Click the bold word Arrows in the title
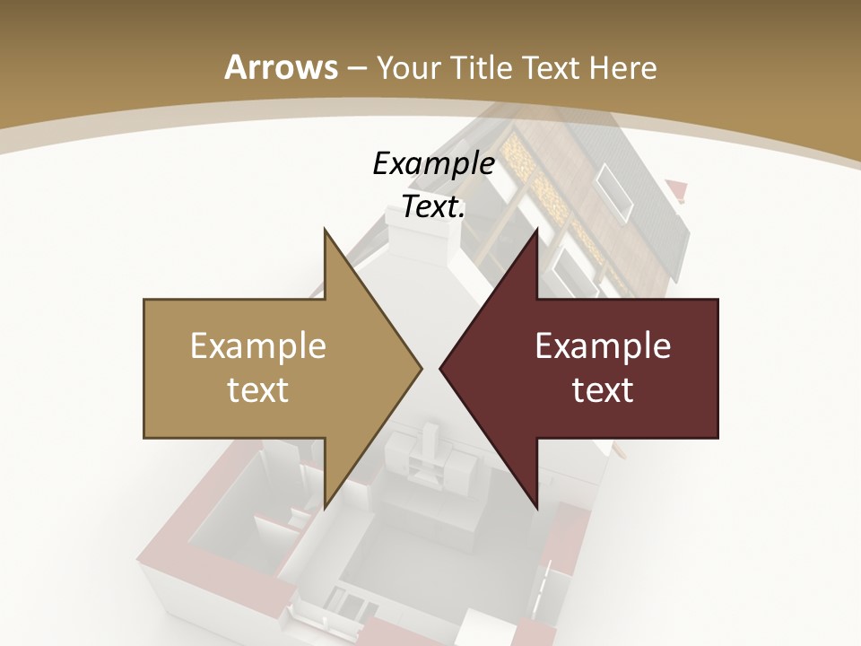tap(281, 67)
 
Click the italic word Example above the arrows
tap(433, 164)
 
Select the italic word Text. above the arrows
tap(433, 206)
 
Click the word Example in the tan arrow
tap(258, 346)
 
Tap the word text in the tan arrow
tap(258, 390)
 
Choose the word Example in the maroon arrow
tap(603, 346)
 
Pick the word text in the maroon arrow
tap(603, 390)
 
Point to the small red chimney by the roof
tap(677, 189)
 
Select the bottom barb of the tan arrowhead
tap(326, 503)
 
